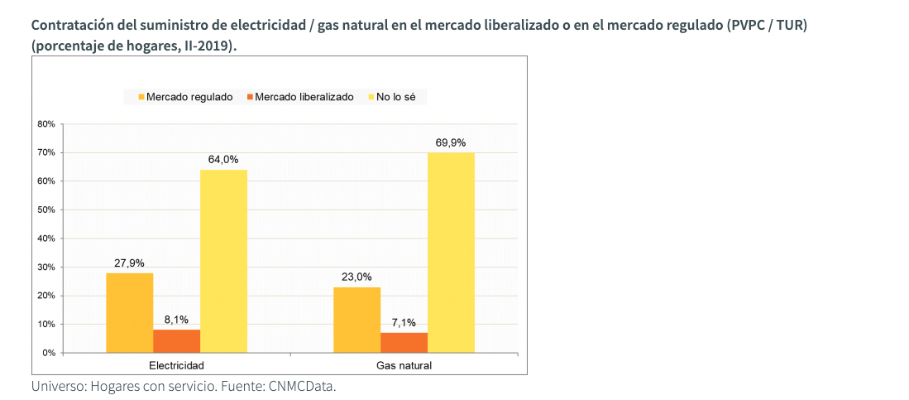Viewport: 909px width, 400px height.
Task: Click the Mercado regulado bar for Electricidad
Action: (x=129, y=312)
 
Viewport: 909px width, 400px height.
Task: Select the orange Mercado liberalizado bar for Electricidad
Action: (x=176, y=340)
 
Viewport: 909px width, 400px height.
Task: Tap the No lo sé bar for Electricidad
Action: (x=223, y=261)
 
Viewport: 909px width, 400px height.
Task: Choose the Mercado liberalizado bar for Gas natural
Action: (x=404, y=342)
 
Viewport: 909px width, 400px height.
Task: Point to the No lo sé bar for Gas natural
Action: (x=451, y=253)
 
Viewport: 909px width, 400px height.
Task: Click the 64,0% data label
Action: (x=223, y=159)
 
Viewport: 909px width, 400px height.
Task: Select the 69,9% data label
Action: (x=451, y=142)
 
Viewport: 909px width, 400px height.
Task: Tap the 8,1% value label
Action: (x=176, y=319)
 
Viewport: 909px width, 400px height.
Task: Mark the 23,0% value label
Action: (x=356, y=277)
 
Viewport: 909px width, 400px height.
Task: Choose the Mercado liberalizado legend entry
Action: (x=299, y=97)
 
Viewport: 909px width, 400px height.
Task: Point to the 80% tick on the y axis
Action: (x=46, y=124)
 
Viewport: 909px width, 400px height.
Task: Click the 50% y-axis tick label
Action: (x=46, y=210)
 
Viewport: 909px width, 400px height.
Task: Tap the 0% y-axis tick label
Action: (x=49, y=353)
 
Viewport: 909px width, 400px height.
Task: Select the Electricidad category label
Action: (x=176, y=365)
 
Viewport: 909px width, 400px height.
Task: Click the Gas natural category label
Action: (x=404, y=365)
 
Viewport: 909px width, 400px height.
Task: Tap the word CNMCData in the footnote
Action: (x=302, y=387)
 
